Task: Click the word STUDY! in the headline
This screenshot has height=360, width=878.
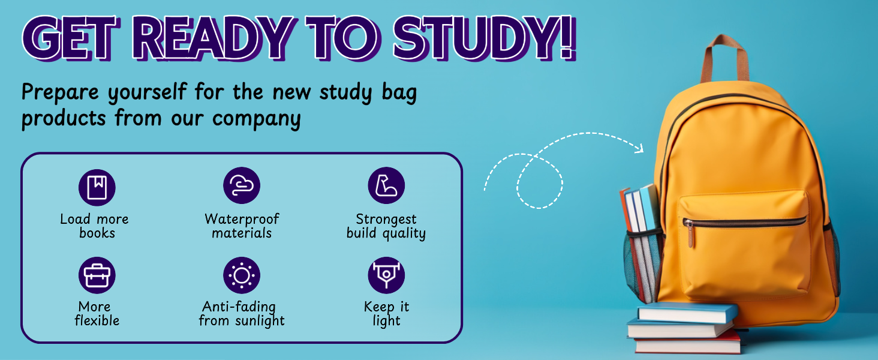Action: pos(485,38)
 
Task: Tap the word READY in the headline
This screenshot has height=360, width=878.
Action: pos(214,38)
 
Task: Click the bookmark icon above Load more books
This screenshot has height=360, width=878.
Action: pos(97,187)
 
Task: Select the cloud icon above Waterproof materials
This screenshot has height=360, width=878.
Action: pos(242,185)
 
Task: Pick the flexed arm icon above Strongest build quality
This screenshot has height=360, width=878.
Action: pos(386,185)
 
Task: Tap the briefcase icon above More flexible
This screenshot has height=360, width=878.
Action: pos(97,275)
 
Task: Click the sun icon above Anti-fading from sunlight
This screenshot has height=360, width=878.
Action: pos(242,275)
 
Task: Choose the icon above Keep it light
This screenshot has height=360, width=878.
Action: pos(386,275)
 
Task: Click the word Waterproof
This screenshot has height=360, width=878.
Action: pos(242,219)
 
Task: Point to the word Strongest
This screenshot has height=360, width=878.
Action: pos(386,220)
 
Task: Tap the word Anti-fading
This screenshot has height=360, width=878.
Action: pos(239,307)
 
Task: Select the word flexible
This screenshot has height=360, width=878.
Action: pos(97,320)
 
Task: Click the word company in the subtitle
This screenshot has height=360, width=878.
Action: pos(256,119)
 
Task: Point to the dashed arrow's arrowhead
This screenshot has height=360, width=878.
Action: pos(640,148)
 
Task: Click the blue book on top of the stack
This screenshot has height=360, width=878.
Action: pos(688,313)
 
